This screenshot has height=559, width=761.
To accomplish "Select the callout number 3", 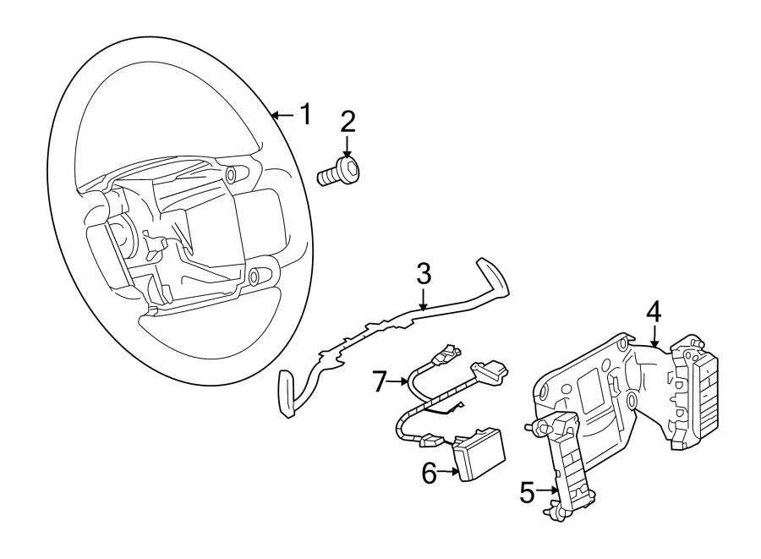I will (x=424, y=273).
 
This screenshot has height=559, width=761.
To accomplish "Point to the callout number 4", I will (x=654, y=310).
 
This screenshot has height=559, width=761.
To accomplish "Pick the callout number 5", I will (x=527, y=492).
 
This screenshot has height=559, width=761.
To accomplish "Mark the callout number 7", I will (x=380, y=381).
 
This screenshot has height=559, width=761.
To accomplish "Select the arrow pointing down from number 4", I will (x=654, y=336).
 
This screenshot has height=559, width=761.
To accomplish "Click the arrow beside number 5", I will (x=548, y=491).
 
